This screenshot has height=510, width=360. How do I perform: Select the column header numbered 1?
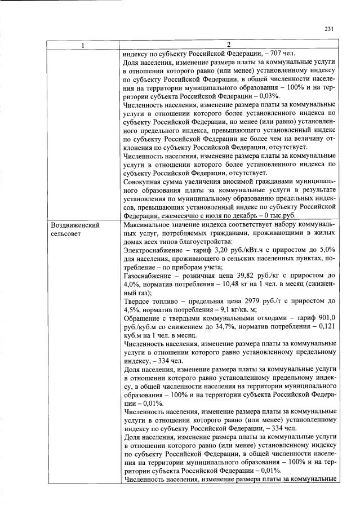83,45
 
